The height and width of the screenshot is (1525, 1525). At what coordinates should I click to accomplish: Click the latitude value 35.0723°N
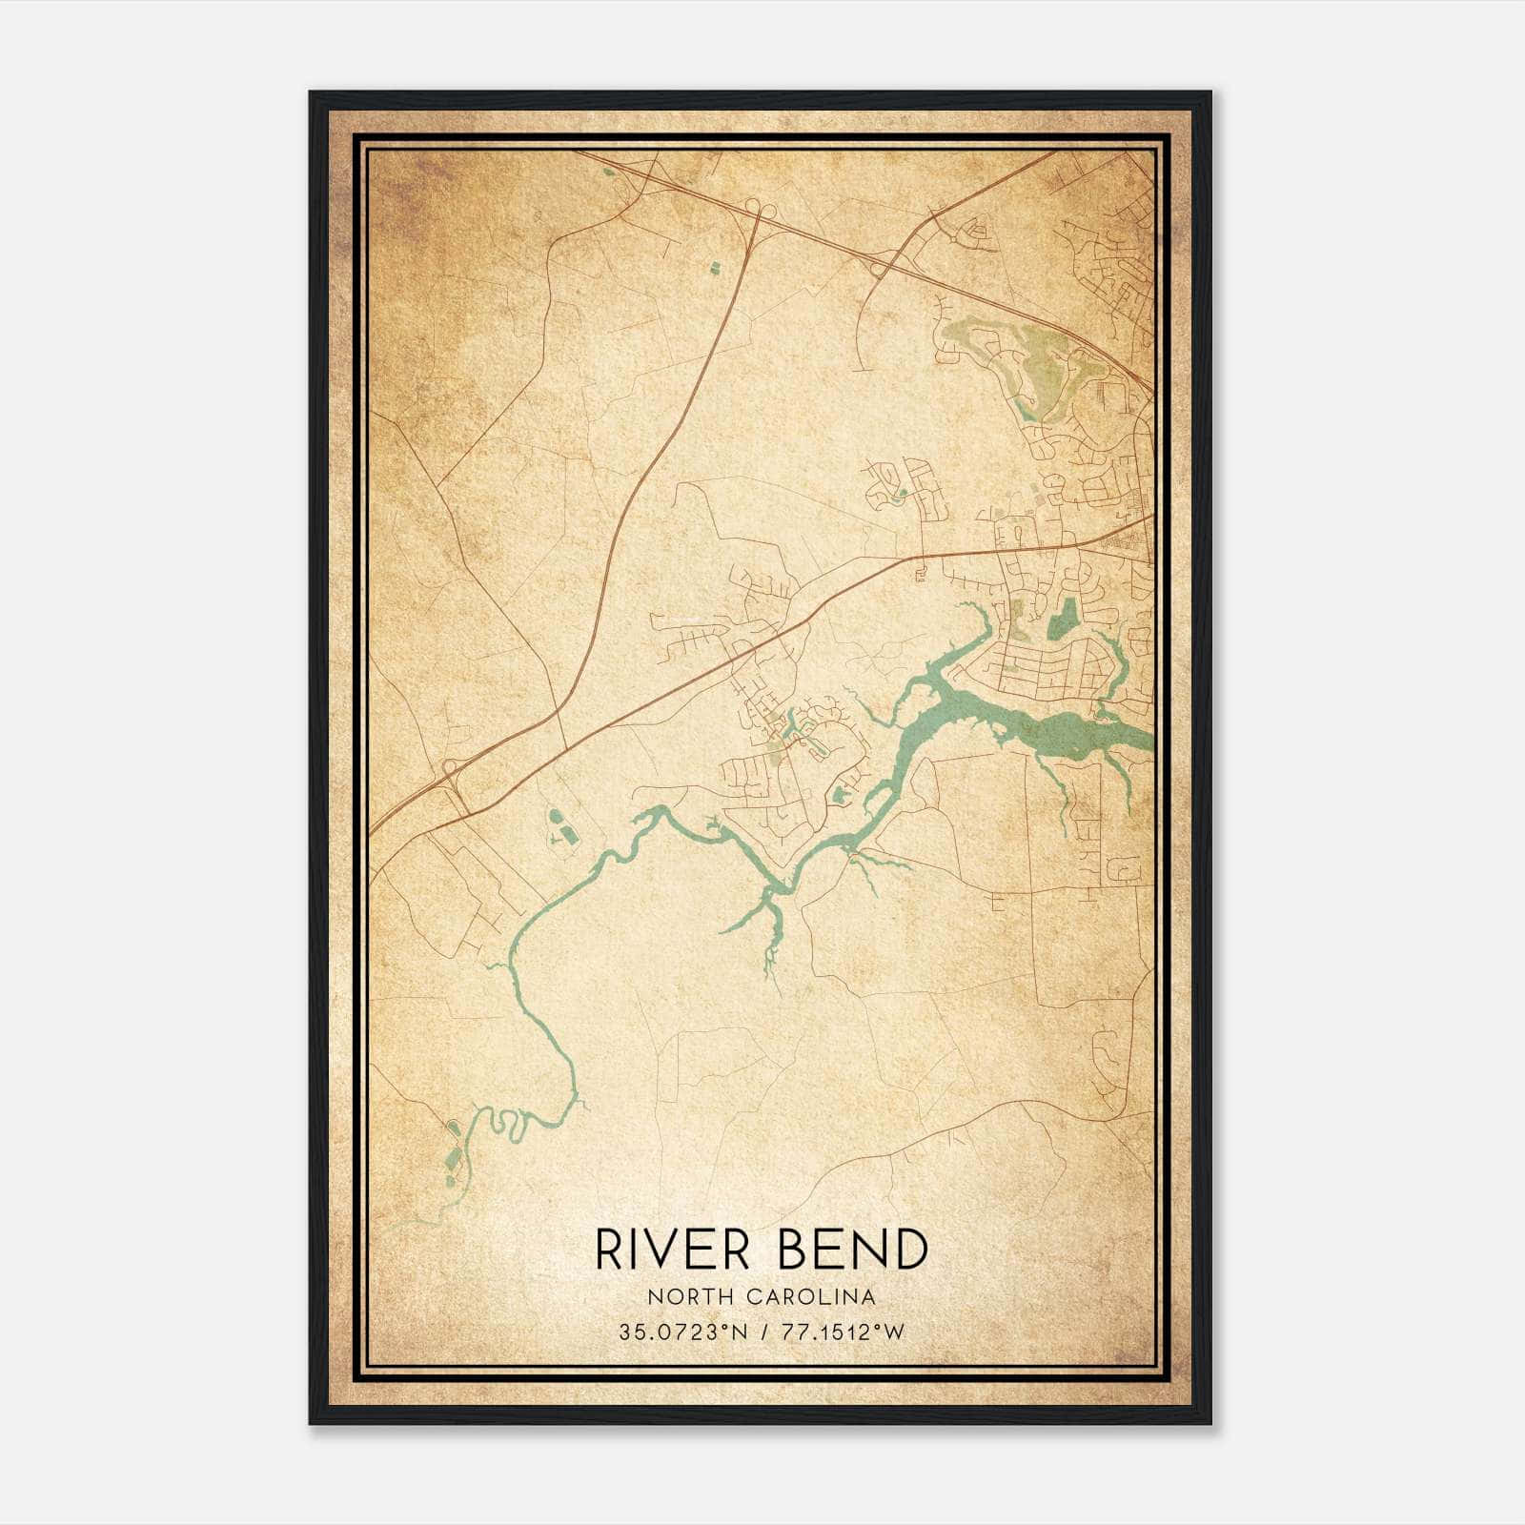point(682,1332)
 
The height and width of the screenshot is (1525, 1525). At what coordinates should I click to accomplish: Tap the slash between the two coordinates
point(762,1332)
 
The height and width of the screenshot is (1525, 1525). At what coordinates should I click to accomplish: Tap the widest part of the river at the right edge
point(1096,734)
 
